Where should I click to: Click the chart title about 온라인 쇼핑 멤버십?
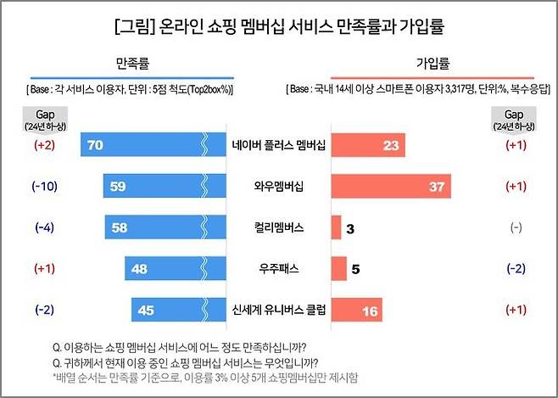(279, 27)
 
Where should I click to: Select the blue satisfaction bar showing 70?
(144, 145)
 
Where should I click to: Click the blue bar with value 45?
(170, 311)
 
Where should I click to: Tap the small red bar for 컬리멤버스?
(336, 228)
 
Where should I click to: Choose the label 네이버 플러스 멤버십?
(278, 145)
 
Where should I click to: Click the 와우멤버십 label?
(278, 187)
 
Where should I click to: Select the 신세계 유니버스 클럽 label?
(278, 311)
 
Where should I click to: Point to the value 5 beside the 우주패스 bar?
(356, 270)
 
